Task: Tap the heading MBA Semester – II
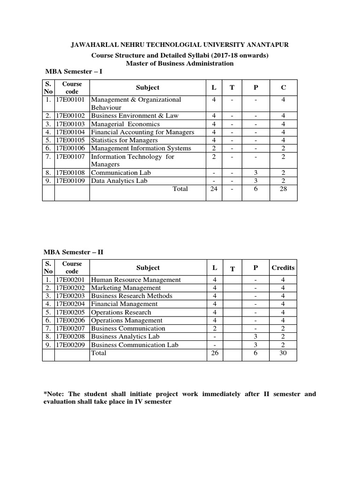[x=74, y=252]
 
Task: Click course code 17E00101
[x=72, y=100]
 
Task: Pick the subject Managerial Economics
[x=125, y=124]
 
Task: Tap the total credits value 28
[x=283, y=189]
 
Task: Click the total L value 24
[x=214, y=189]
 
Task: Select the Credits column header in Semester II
[x=283, y=268]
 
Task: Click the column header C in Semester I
[x=283, y=88]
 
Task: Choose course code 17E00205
[x=72, y=312]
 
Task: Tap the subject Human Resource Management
[x=135, y=280]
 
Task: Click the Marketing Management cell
[x=126, y=288]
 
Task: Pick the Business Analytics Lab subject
[x=125, y=337]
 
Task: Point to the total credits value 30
[x=283, y=353]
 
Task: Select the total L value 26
[x=215, y=353]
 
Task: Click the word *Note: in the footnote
[x=53, y=394]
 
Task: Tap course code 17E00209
[x=72, y=345]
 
